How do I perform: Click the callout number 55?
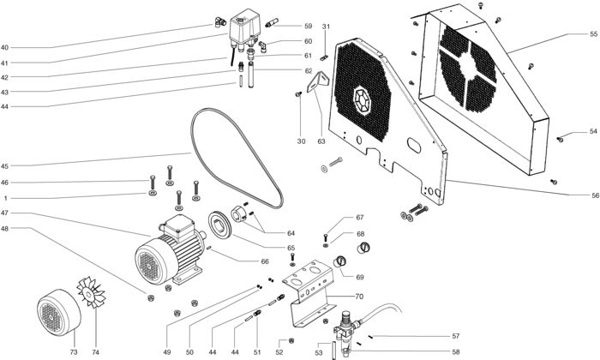pos(593,34)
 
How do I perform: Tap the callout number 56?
pos(595,195)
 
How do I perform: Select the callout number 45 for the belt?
pos(4,166)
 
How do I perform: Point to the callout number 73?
pos(74,352)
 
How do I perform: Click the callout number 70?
pos(359,297)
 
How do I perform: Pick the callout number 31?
pos(326,27)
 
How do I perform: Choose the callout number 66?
pos(265,261)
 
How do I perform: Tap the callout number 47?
pos(4,213)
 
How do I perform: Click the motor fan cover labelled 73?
pos(59,312)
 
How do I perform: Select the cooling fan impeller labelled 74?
pos(91,292)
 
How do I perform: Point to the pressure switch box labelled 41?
pos(245,28)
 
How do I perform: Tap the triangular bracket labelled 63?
pos(318,81)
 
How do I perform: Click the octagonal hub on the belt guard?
pos(362,101)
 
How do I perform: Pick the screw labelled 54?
pos(560,139)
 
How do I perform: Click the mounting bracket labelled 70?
pos(310,294)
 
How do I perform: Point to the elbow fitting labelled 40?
pos(219,22)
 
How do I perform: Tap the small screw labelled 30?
pos(299,93)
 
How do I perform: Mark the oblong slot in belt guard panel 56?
pos(414,146)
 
